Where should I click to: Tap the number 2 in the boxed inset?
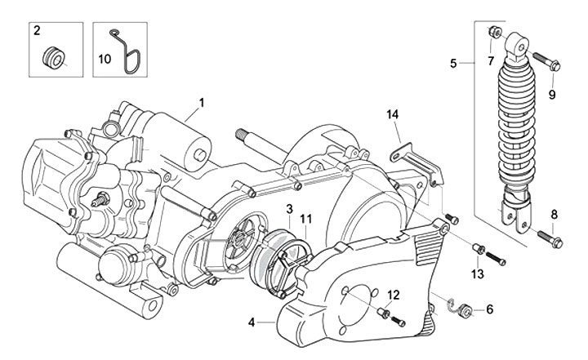pos(36,31)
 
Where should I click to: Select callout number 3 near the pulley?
pos(289,210)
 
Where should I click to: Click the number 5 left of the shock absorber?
pos(454,62)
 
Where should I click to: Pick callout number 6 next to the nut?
pos(490,309)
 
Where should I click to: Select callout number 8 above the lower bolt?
pos(554,214)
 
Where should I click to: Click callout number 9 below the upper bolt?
pos(551,95)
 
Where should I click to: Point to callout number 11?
pos(306,218)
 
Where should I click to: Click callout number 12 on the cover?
pos(393,295)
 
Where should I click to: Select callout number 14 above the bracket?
pos(392,114)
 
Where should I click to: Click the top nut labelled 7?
pos(493,33)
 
